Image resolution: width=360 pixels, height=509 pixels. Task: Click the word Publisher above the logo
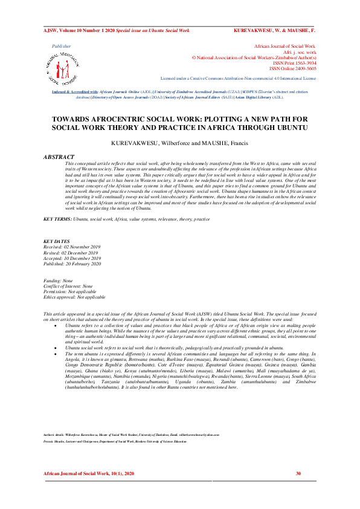[x=61, y=46]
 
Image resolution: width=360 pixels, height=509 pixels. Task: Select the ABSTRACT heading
[x=59, y=157]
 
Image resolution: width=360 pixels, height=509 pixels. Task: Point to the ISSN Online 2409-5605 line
[x=292, y=68]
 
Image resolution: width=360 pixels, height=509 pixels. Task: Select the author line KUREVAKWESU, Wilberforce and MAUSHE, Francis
[x=179, y=143]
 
